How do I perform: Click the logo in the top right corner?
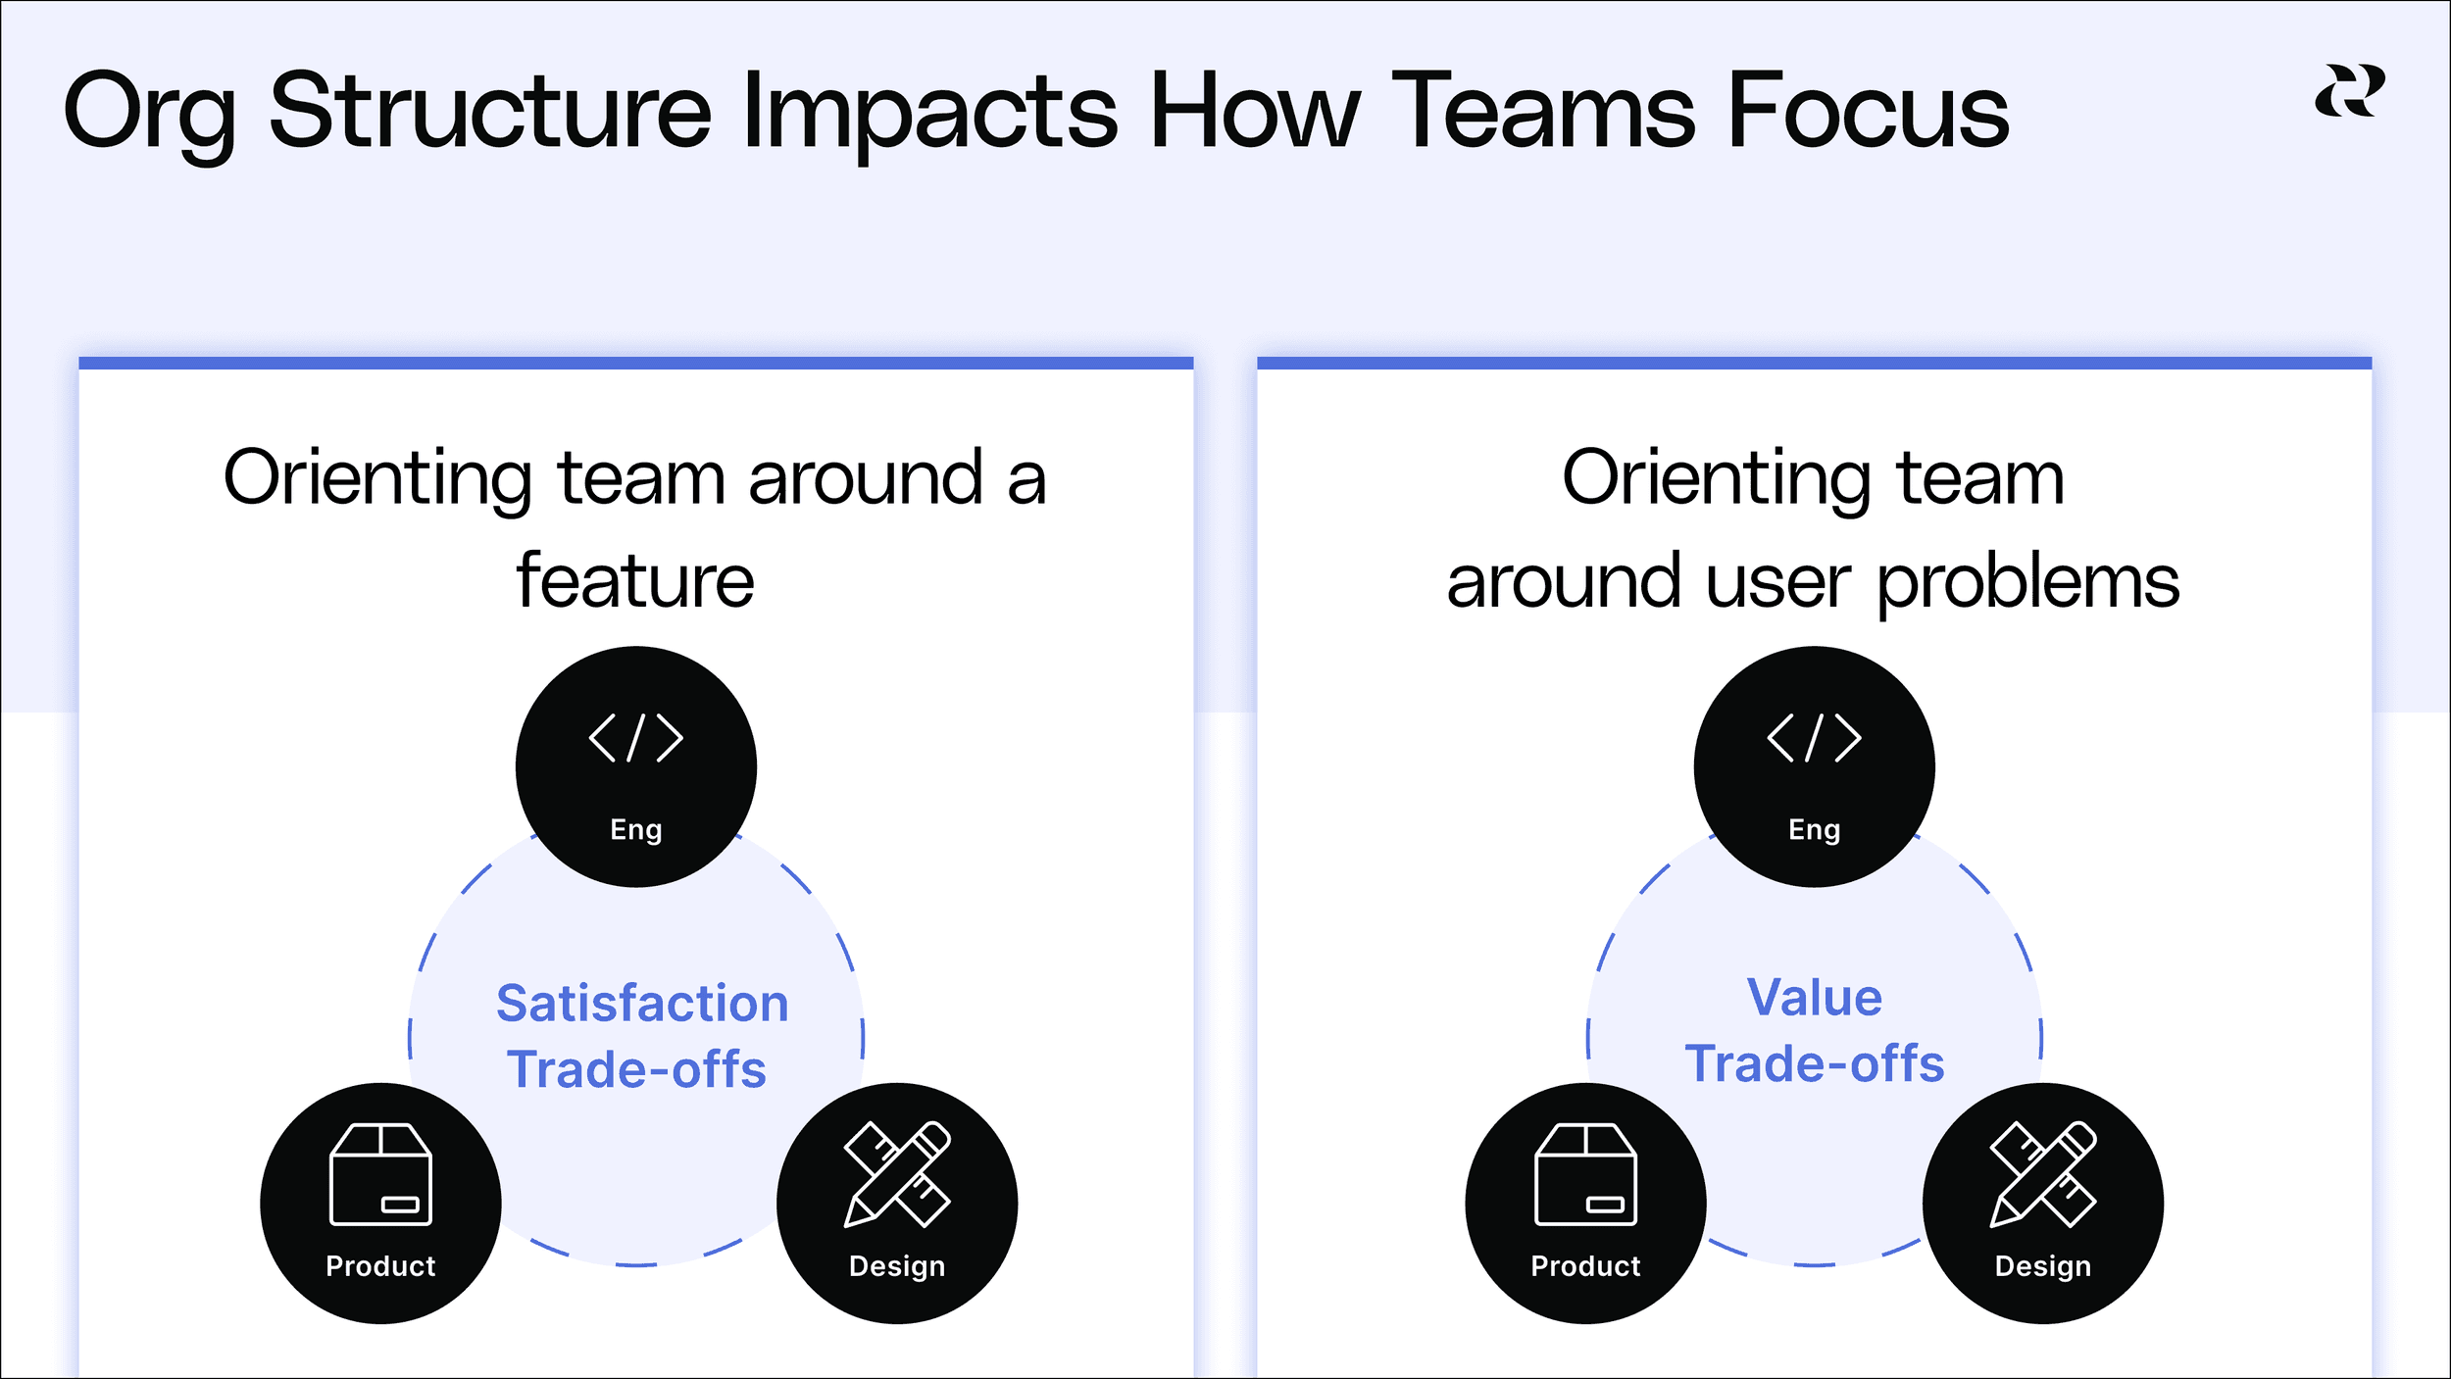pyautogui.click(x=2350, y=91)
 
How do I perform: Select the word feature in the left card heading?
pyautogui.click(x=635, y=581)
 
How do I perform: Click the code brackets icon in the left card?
pyautogui.click(x=635, y=738)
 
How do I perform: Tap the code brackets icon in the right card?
pyautogui.click(x=1814, y=738)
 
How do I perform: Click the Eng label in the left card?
pyautogui.click(x=636, y=829)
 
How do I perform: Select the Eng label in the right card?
pyautogui.click(x=1814, y=829)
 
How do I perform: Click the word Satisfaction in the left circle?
pyautogui.click(x=642, y=1004)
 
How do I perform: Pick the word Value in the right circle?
pyautogui.click(x=1815, y=998)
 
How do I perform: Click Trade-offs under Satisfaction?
pyautogui.click(x=636, y=1069)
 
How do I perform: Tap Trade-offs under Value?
pyautogui.click(x=1815, y=1063)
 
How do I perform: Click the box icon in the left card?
pyautogui.click(x=380, y=1174)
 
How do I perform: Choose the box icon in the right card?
pyautogui.click(x=1585, y=1174)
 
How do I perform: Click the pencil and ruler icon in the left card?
pyautogui.click(x=897, y=1174)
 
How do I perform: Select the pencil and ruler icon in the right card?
pyautogui.click(x=2043, y=1174)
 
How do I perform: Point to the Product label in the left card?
pyautogui.click(x=380, y=1266)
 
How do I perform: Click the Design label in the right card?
pyautogui.click(x=2043, y=1266)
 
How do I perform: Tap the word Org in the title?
pyautogui.click(x=149, y=113)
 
